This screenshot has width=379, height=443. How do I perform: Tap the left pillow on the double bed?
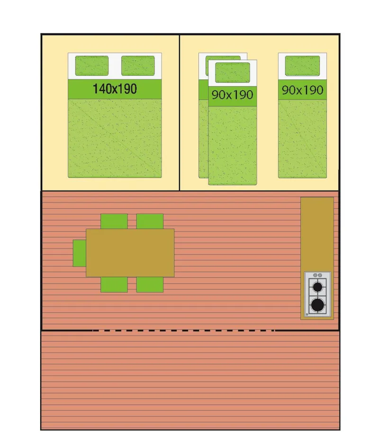(x=92, y=66)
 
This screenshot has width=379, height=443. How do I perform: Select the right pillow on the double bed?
(x=138, y=66)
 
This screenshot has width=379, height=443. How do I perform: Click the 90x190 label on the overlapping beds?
(x=232, y=95)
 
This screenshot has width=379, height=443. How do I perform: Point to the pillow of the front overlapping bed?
(x=233, y=73)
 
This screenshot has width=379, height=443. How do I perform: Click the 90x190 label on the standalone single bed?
(x=302, y=90)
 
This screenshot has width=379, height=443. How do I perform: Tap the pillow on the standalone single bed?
(x=302, y=66)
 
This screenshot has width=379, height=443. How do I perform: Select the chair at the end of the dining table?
(x=79, y=253)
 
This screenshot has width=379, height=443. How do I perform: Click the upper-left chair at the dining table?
(x=114, y=221)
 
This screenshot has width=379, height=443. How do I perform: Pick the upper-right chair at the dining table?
(x=150, y=221)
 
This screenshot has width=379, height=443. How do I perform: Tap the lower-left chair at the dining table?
(x=114, y=284)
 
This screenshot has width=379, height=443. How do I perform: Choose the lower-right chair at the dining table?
(x=150, y=284)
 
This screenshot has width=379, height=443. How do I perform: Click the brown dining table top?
(x=130, y=253)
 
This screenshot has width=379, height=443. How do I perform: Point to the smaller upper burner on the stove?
(x=317, y=286)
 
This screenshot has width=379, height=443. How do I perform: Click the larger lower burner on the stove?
(x=317, y=304)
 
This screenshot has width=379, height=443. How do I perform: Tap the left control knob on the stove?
(x=315, y=275)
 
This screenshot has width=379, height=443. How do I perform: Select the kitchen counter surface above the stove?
(x=317, y=232)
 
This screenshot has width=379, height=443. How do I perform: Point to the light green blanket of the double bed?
(x=115, y=137)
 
